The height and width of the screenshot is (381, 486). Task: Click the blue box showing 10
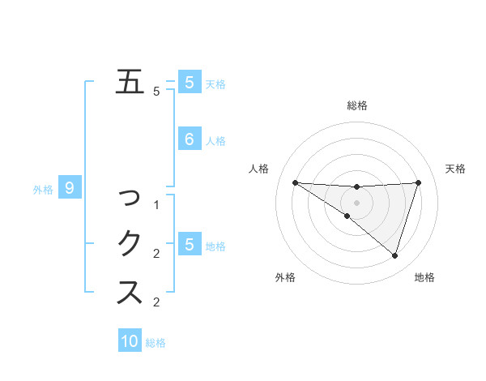130,341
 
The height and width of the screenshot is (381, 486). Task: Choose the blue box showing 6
189,139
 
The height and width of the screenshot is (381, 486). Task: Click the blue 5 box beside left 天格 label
189,83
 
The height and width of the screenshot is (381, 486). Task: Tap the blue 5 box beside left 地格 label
189,245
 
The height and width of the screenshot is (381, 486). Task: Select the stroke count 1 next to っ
157,205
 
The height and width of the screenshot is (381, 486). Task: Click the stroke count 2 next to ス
157,302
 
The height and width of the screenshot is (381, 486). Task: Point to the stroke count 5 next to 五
157,92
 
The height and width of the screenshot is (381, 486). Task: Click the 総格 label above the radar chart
356,105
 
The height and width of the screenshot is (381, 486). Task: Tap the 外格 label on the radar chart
284,277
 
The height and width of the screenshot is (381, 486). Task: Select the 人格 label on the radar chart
258,169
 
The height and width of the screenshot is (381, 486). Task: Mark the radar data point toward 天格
418,182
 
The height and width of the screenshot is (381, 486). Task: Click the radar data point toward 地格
394,255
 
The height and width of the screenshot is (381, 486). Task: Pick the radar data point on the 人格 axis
295,182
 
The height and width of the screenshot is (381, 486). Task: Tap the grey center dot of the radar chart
356,203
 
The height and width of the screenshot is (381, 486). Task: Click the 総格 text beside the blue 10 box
156,343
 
